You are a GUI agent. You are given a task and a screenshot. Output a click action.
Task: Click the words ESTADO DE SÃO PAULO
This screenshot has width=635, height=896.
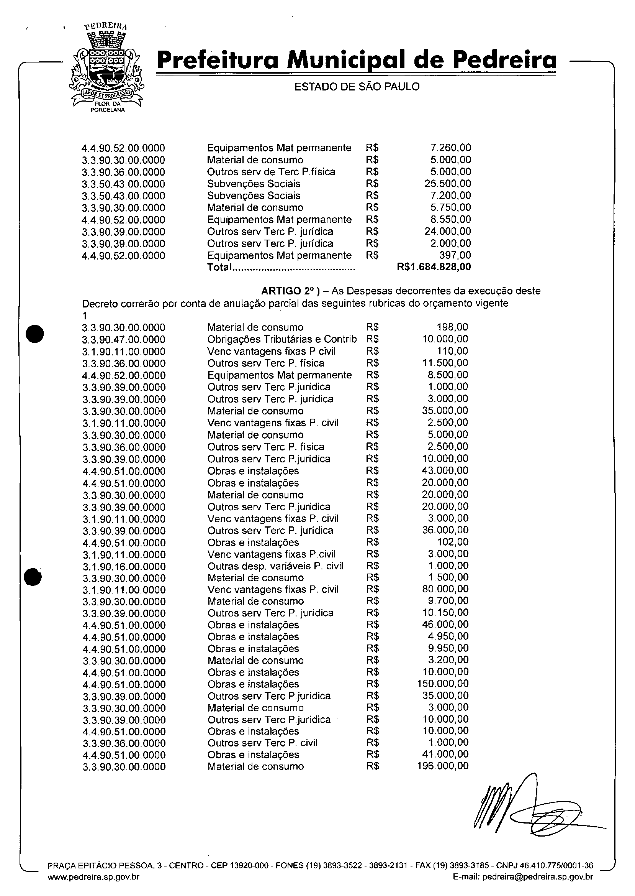(357, 87)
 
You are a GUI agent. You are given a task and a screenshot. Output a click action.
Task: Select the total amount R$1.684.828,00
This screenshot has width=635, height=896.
(434, 267)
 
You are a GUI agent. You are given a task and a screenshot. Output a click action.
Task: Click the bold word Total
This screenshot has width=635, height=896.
(220, 267)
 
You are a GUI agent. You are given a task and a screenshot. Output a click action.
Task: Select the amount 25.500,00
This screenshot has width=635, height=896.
(448, 184)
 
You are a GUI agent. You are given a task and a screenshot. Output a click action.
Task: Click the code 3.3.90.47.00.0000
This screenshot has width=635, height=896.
(124, 339)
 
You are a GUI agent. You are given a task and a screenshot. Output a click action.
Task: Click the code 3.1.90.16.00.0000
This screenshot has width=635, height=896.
(124, 566)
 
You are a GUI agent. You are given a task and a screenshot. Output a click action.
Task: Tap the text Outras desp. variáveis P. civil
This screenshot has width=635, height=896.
(275, 566)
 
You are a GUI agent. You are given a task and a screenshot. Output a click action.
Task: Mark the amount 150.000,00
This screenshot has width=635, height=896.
(443, 684)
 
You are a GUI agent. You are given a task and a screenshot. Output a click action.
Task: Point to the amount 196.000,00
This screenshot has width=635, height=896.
(443, 766)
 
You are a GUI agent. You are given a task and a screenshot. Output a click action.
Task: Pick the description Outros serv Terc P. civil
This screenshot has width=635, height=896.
(262, 743)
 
